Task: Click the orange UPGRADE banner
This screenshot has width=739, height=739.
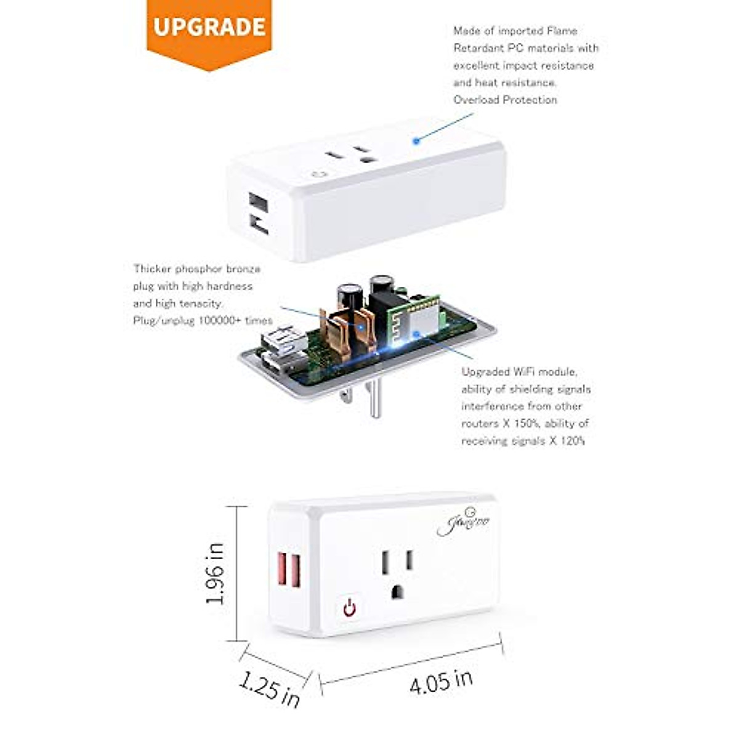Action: [x=209, y=28]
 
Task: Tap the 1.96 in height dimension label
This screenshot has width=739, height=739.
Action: [x=216, y=573]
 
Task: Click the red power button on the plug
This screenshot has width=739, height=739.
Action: [x=349, y=608]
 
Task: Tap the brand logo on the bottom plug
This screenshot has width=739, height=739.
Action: [x=463, y=525]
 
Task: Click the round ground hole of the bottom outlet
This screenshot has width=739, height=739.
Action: [x=397, y=592]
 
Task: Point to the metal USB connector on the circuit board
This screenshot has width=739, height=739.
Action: [x=283, y=341]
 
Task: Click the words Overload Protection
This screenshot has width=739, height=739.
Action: [x=505, y=100]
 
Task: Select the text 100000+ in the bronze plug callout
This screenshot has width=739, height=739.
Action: [x=222, y=320]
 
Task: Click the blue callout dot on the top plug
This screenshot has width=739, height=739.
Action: [x=416, y=140]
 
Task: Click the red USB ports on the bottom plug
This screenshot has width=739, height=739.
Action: [x=289, y=568]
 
